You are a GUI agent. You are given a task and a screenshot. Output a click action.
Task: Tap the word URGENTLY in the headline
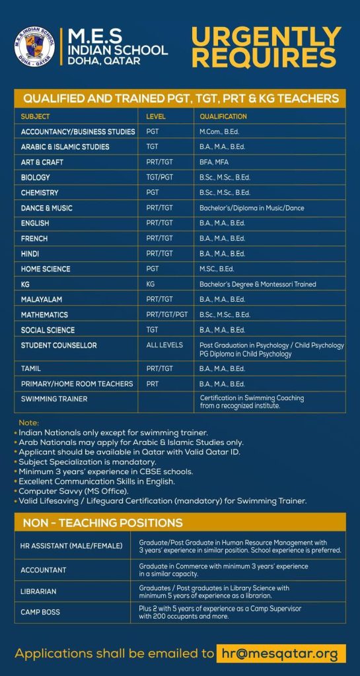(x=266, y=37)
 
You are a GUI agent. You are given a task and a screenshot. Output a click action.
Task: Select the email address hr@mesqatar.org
(x=280, y=654)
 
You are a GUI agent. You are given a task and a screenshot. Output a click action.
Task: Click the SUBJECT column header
(x=35, y=116)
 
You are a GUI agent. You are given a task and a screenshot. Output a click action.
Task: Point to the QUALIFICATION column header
(x=223, y=116)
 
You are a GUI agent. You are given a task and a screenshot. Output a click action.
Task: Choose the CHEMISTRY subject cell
(x=40, y=193)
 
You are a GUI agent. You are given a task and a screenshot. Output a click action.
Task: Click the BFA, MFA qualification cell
(x=213, y=162)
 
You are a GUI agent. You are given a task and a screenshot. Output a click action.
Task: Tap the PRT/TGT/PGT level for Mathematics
(x=167, y=315)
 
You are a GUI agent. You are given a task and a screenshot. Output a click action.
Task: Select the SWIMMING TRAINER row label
(x=54, y=399)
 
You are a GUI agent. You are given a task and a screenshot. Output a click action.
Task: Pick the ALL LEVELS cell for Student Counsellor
(x=164, y=345)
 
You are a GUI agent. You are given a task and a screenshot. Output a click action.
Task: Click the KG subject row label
(x=25, y=285)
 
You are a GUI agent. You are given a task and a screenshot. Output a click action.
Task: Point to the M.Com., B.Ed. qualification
(x=220, y=132)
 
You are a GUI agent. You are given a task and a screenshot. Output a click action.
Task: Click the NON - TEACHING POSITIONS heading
(x=102, y=523)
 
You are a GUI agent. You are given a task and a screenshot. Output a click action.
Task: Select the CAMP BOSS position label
(x=40, y=612)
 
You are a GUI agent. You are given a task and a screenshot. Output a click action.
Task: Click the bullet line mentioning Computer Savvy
(x=74, y=491)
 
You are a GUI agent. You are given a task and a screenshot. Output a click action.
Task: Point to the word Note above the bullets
(x=29, y=422)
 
